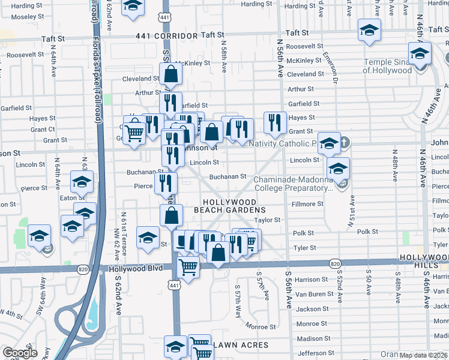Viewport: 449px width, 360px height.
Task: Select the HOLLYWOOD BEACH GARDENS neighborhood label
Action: pos(230,206)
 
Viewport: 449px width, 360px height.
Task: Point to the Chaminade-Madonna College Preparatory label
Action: pos(292,184)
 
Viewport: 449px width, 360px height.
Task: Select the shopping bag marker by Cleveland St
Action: pos(171,75)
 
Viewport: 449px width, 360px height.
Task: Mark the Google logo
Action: pos(20,353)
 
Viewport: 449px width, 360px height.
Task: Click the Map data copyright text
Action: pos(423,355)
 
